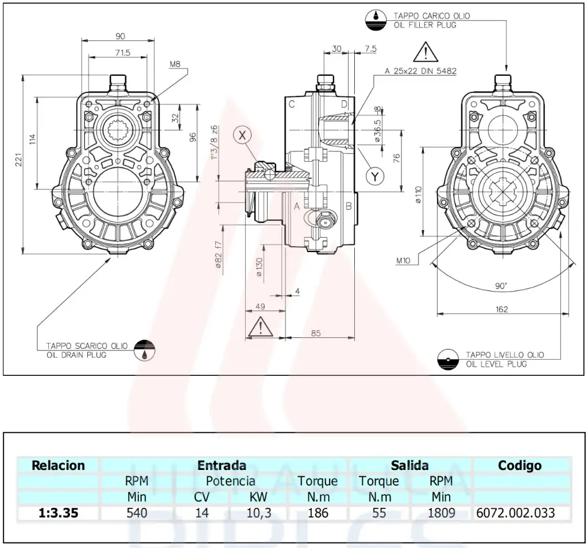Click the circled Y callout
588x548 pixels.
(x=375, y=177)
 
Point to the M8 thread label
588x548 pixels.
(x=175, y=65)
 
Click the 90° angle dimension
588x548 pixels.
(x=501, y=285)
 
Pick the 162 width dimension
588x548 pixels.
(x=501, y=309)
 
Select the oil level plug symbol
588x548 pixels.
(x=446, y=359)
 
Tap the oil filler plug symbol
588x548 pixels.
(x=376, y=20)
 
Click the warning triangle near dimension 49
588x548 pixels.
(x=261, y=328)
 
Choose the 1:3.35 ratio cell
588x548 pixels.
(x=58, y=512)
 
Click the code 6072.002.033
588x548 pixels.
(x=516, y=512)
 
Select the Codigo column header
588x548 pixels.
(x=519, y=465)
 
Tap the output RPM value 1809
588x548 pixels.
(x=441, y=512)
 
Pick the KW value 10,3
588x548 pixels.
(x=258, y=512)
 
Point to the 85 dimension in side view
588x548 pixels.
(x=315, y=333)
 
